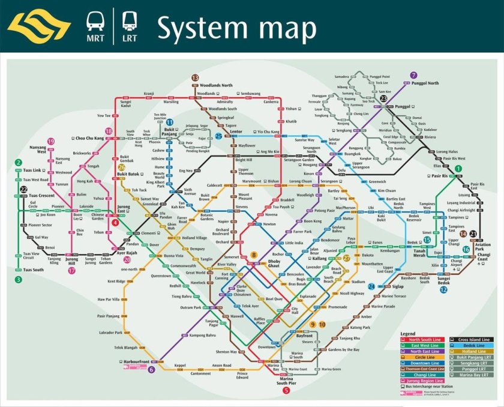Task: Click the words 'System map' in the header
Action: pyautogui.click(x=237, y=28)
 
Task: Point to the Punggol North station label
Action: pyautogui.click(x=424, y=83)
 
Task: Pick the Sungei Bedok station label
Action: pyautogui.click(x=444, y=280)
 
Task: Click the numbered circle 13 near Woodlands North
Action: pyautogui.click(x=195, y=78)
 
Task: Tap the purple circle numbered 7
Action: pyautogui.click(x=413, y=76)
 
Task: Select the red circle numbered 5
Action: pyautogui.click(x=286, y=390)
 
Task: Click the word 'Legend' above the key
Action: pyautogui.click(x=408, y=333)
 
